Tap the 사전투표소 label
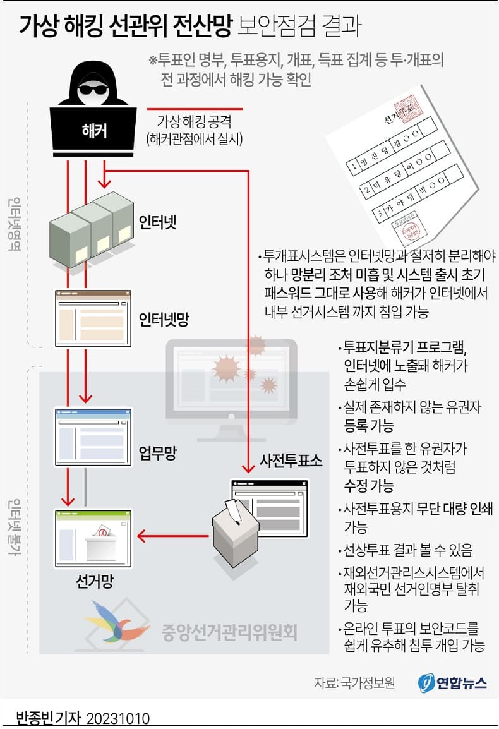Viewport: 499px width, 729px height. click(291, 460)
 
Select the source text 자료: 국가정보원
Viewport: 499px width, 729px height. click(354, 683)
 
